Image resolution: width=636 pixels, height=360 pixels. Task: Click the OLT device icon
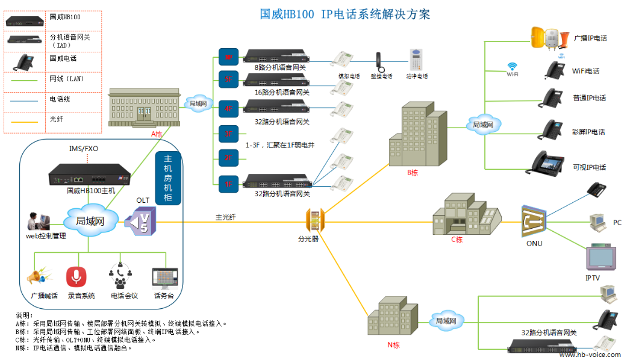141,221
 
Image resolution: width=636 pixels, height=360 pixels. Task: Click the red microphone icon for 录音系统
76,277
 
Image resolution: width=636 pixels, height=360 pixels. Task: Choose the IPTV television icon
600,257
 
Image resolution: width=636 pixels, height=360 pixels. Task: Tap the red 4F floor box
228,109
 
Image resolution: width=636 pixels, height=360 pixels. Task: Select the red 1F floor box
228,184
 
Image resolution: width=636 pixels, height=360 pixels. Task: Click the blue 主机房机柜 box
169,178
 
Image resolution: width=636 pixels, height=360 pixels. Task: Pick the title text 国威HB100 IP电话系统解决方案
345,14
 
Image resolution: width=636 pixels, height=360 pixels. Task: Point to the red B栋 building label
413,173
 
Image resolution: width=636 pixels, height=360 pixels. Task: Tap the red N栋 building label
393,345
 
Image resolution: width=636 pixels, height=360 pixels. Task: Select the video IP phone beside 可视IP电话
546,163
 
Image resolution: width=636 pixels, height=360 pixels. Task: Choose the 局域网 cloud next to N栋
446,321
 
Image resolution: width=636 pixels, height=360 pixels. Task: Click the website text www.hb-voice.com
590,355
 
